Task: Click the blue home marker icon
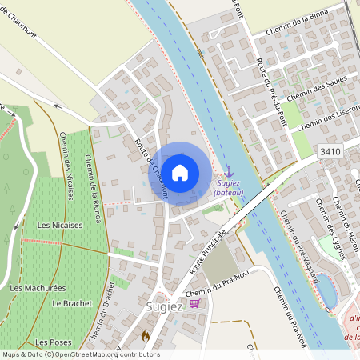pos(181,172)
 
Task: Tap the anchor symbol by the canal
pos(229,172)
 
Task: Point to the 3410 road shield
pos(329,151)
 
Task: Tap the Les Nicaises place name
pos(60,226)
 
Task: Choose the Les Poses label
pos(54,342)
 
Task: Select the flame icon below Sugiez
pos(146,337)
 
